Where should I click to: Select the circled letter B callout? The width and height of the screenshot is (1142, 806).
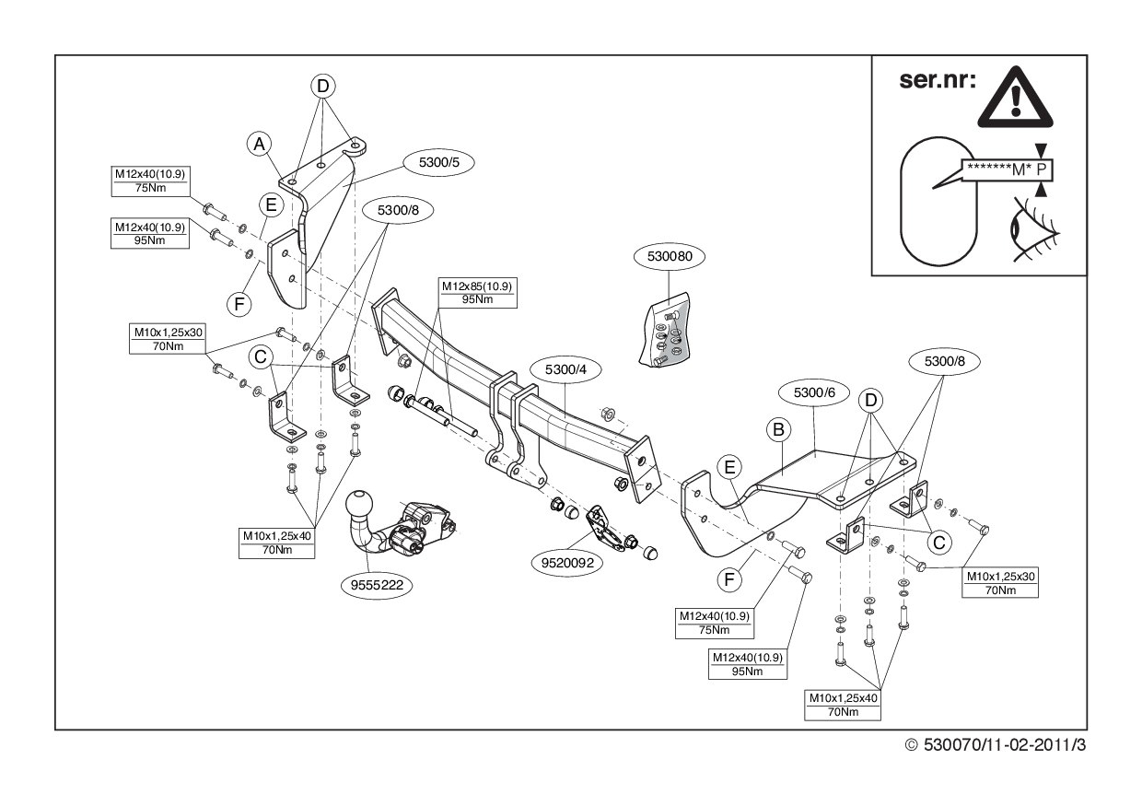pyautogui.click(x=777, y=429)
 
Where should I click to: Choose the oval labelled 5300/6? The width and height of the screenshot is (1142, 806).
pyautogui.click(x=813, y=393)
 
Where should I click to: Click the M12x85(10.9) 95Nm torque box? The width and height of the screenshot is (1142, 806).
pyautogui.click(x=477, y=293)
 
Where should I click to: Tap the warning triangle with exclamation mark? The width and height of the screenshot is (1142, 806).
pyautogui.click(x=1015, y=97)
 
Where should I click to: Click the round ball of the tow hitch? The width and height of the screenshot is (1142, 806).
pyautogui.click(x=360, y=506)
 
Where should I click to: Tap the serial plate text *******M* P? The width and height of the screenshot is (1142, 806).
pyautogui.click(x=1007, y=169)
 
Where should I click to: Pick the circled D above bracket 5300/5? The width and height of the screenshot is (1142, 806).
pyautogui.click(x=322, y=87)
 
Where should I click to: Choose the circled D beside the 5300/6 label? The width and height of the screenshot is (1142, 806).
pyautogui.click(x=868, y=400)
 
